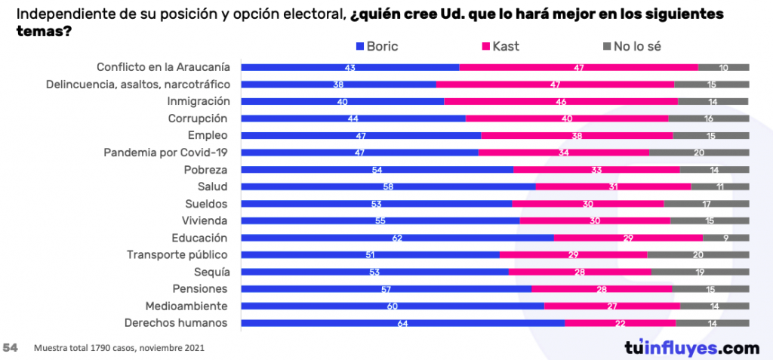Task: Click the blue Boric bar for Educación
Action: [x=397, y=238]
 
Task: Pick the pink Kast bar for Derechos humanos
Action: [x=620, y=323]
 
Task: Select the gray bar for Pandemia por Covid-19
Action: [x=699, y=152]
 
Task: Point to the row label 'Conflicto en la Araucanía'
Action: [x=163, y=67]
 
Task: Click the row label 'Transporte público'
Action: [x=177, y=254]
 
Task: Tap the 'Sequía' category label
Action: [x=211, y=272]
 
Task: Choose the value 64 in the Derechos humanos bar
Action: [x=402, y=323]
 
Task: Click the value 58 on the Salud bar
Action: [x=387, y=186]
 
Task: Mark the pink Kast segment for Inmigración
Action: [x=561, y=101]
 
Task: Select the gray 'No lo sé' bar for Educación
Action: [x=726, y=238]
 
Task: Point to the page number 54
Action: [x=11, y=348]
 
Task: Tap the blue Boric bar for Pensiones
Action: [x=386, y=289]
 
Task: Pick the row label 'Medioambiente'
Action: [x=186, y=306]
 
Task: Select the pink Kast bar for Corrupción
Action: [x=567, y=118]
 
